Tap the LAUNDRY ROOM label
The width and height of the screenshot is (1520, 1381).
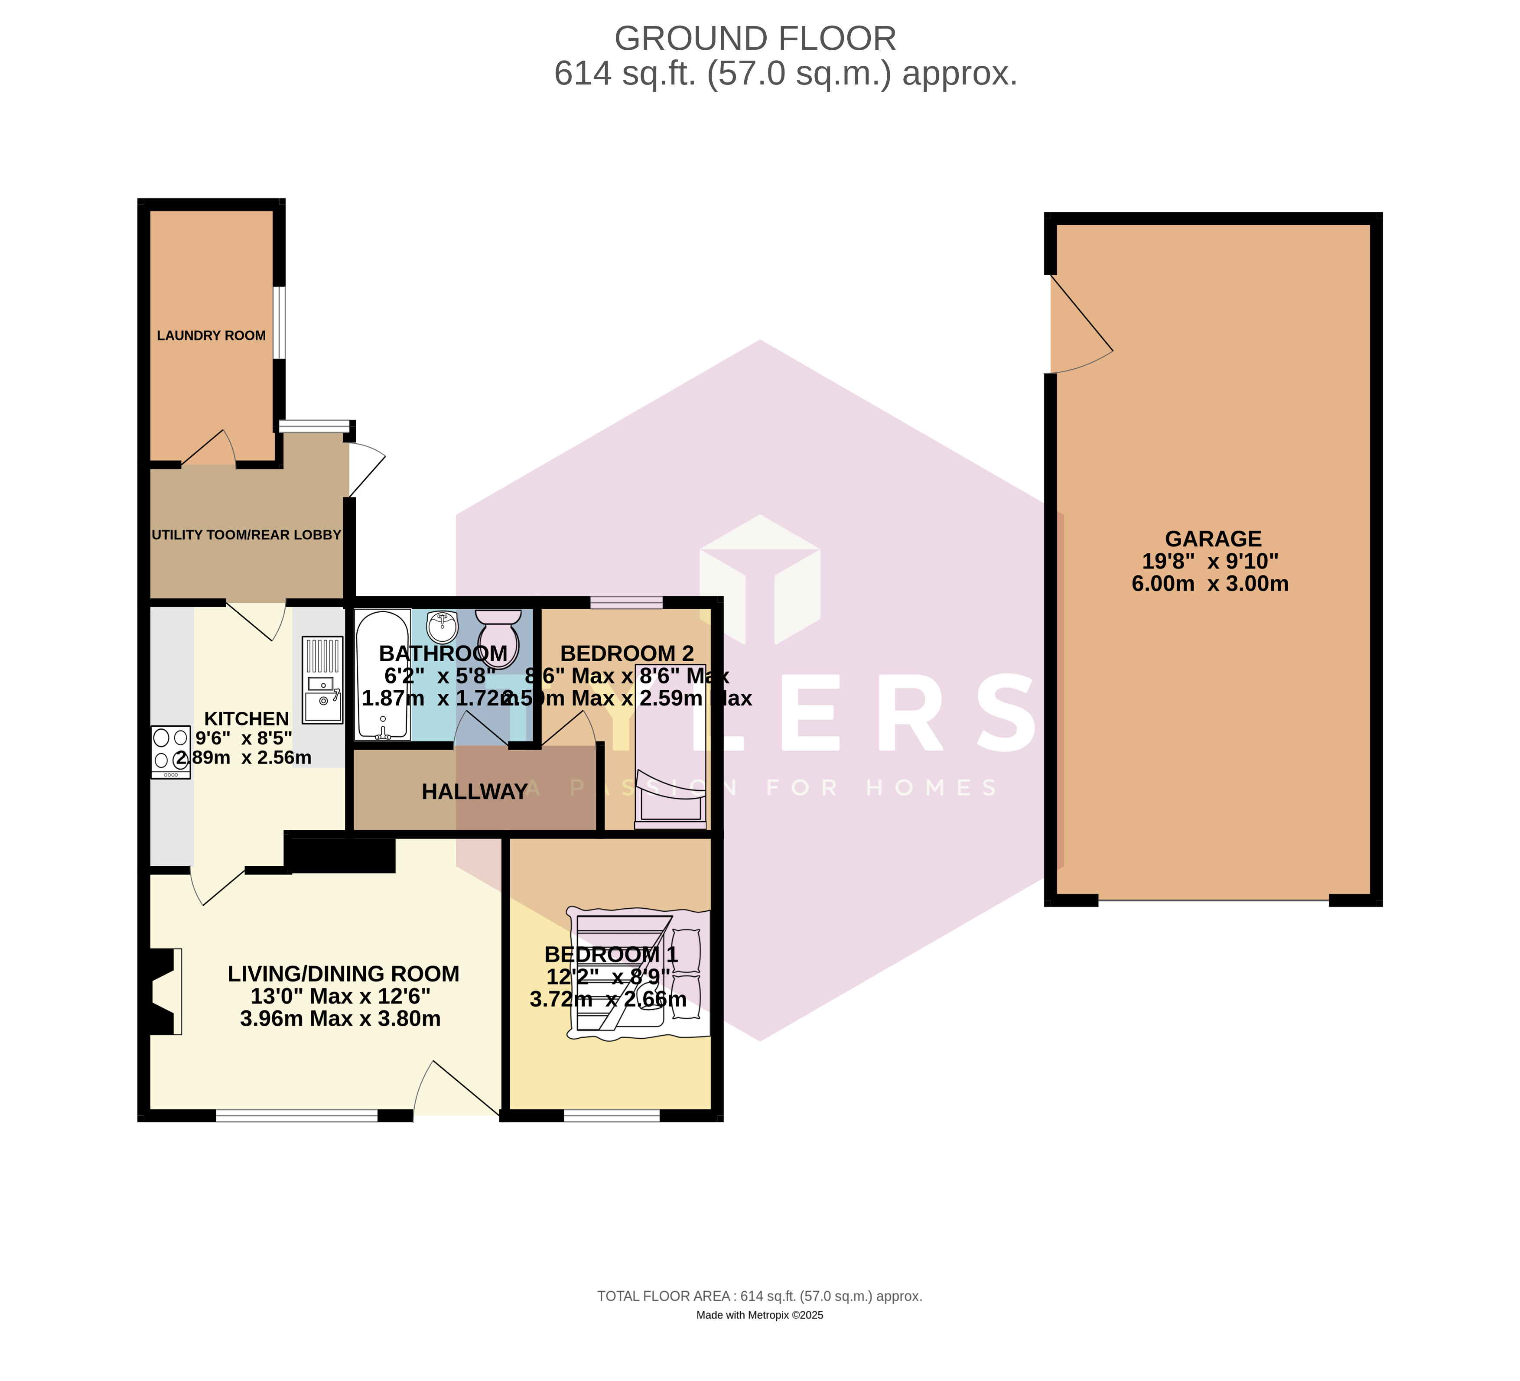click(211, 335)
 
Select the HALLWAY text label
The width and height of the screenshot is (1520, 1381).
click(474, 792)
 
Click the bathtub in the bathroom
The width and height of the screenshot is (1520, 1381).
click(382, 675)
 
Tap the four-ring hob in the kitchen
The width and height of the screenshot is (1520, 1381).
click(170, 751)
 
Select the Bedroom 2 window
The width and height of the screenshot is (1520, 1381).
click(626, 602)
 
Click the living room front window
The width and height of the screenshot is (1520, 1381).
click(296, 1116)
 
